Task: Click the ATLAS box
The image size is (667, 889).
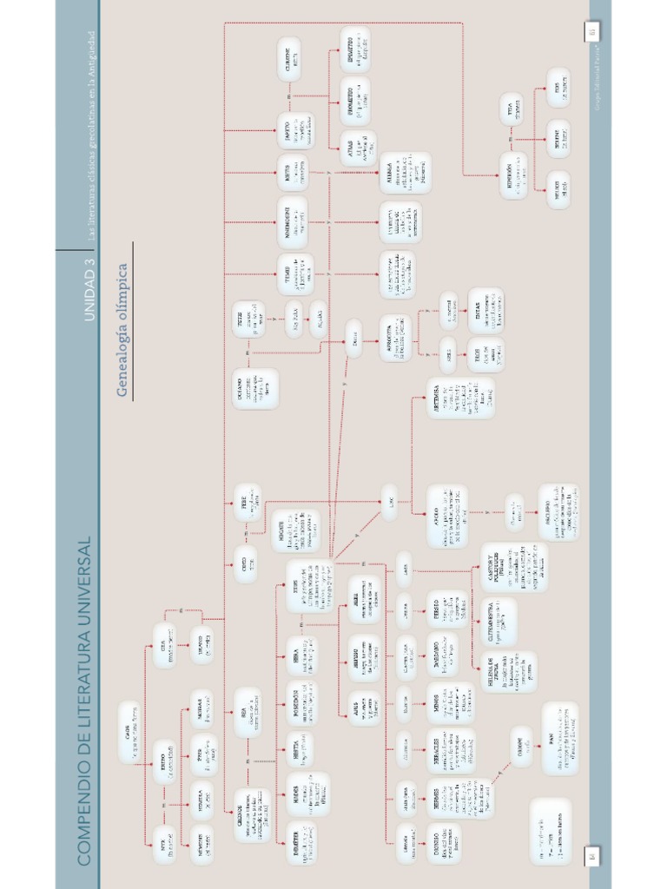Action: click(x=357, y=148)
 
